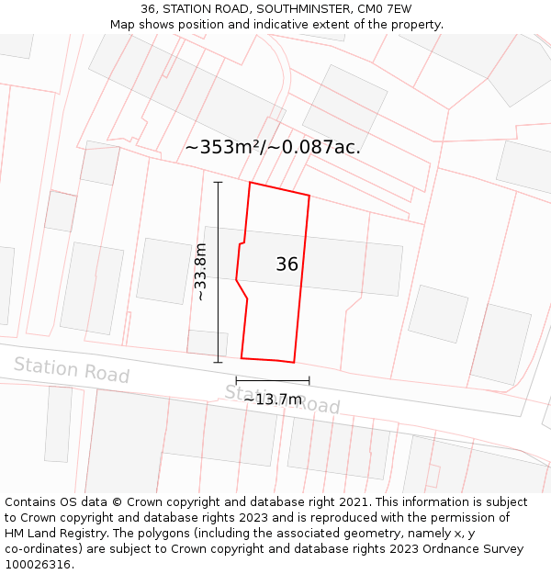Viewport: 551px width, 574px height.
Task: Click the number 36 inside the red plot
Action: (x=287, y=264)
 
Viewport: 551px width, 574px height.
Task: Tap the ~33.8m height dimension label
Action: (x=200, y=272)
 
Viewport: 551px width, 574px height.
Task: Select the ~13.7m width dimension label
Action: (x=273, y=400)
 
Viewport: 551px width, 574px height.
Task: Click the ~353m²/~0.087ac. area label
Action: (x=273, y=147)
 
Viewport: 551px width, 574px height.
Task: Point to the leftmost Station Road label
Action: (x=71, y=369)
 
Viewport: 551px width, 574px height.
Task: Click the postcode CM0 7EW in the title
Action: (x=379, y=9)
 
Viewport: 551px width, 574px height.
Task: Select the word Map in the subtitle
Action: (x=124, y=25)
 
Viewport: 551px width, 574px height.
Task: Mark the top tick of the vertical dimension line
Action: (x=218, y=182)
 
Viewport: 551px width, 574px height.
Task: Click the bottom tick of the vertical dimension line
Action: (x=218, y=362)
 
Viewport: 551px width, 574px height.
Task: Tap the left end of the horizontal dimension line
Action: (x=236, y=380)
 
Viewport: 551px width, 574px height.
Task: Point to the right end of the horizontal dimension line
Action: (x=309, y=380)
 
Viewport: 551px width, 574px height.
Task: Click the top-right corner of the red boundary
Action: (x=309, y=195)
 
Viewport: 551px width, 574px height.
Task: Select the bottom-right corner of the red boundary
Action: (x=294, y=362)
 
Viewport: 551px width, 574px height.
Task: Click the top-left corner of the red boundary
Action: (x=250, y=182)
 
